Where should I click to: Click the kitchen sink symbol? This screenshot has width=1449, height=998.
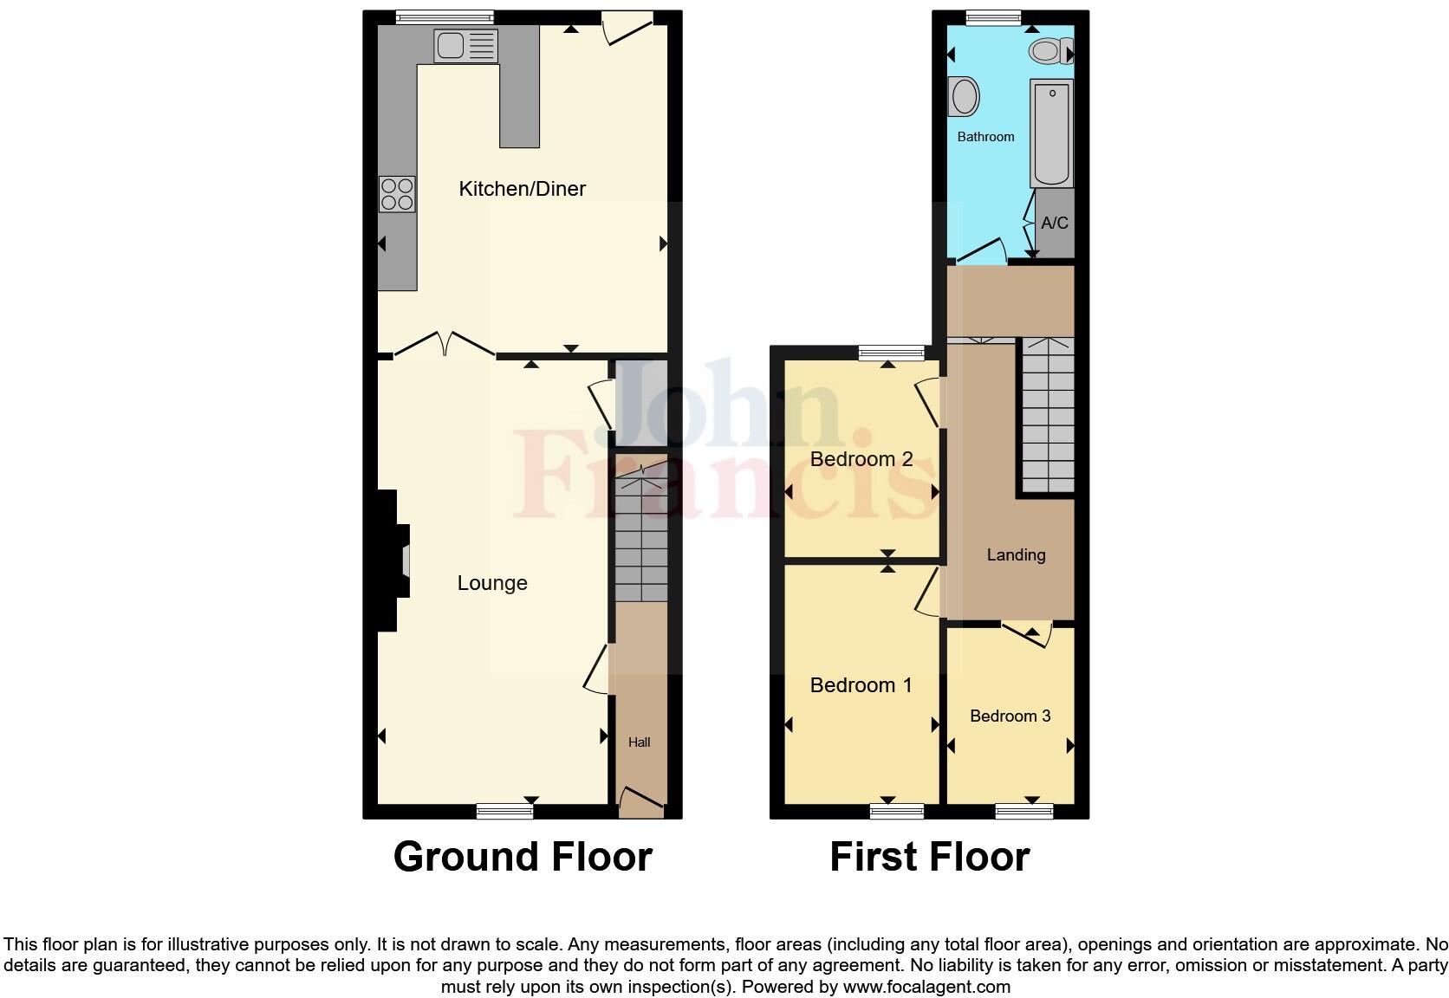coord(466,45)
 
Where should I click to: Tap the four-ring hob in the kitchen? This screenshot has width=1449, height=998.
coord(397,194)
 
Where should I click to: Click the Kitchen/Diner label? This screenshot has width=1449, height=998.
coord(522,189)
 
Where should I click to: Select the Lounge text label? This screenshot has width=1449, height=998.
coord(492,583)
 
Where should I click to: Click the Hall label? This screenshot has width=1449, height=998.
coord(639,742)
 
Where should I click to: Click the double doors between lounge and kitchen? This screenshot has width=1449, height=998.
coord(444,345)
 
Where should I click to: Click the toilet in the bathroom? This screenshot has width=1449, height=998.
coord(1048,52)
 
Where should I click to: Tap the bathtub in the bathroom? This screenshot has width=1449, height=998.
coord(1051,133)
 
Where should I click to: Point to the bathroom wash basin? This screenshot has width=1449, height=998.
coord(964,96)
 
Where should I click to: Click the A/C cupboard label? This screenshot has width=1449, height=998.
coord(1055,224)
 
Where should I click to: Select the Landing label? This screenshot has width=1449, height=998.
coord(1016,554)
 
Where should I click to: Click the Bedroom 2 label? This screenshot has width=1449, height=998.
coord(861,459)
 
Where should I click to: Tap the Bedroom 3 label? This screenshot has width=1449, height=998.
coord(1010,716)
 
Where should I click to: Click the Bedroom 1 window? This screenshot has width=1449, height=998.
coord(897,811)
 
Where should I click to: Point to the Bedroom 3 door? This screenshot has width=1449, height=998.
coord(1029,634)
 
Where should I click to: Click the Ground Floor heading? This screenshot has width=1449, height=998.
coord(522,857)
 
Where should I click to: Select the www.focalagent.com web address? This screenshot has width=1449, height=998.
coord(926,986)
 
